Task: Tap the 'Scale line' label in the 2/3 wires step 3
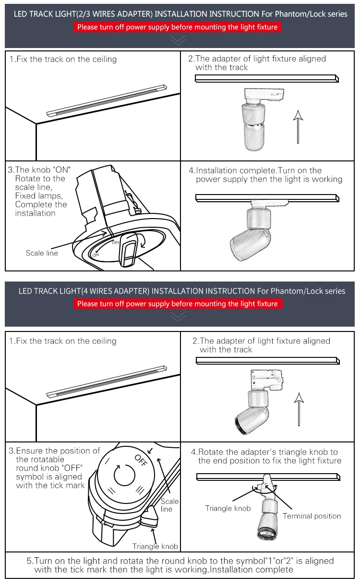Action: click(x=42, y=253)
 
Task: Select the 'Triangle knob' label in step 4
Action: click(x=228, y=508)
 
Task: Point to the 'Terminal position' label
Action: click(x=312, y=516)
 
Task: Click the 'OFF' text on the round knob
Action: click(x=140, y=460)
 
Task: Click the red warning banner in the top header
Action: click(x=177, y=27)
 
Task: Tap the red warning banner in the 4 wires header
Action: click(x=177, y=304)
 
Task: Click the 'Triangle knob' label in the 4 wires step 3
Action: click(x=155, y=546)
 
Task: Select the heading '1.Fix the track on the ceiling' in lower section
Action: click(x=63, y=341)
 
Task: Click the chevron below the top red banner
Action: click(x=178, y=40)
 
